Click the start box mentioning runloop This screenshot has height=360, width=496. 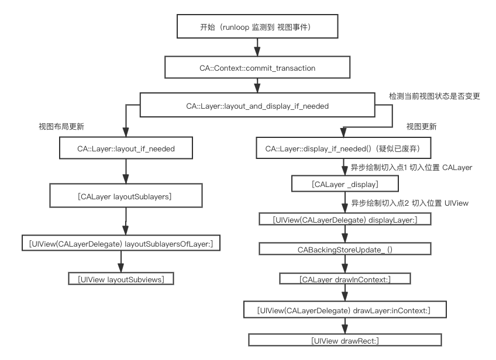coord(257,27)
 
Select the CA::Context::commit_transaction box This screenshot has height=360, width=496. coord(257,68)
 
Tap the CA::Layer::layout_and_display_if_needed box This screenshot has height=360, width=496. coord(257,106)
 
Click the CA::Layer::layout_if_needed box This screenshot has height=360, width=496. coord(126,149)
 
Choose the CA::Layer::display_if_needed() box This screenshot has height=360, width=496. coord(344,149)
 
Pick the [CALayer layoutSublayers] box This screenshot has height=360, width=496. coord(125,196)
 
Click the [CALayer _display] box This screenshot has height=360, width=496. coord(345,185)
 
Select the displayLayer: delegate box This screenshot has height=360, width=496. coord(345,220)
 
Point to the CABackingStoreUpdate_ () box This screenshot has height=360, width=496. coord(345,250)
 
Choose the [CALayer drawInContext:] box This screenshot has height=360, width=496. coord(345,279)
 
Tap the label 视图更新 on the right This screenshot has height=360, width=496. coord(421,126)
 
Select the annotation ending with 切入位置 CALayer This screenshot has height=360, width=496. coord(411,168)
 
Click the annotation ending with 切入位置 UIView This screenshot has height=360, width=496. coord(409,203)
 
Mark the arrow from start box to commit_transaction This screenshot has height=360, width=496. coord(257,48)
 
